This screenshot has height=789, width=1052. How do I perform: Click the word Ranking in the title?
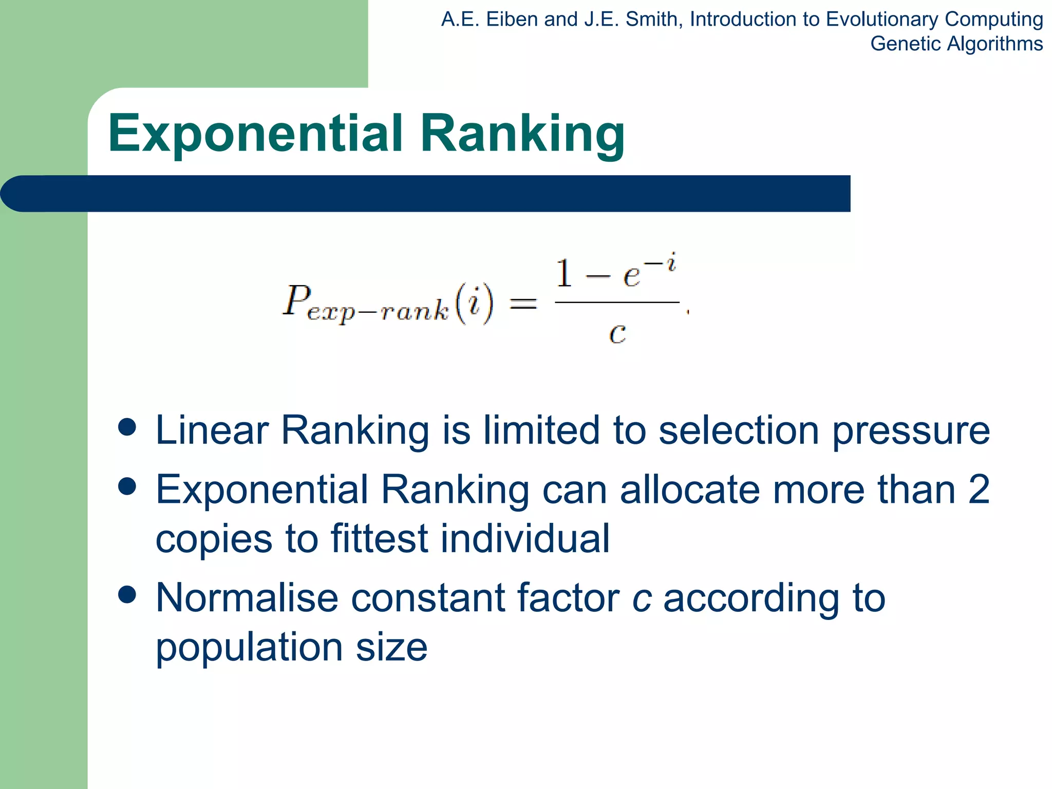[522, 135]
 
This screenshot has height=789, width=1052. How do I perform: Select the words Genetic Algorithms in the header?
[956, 44]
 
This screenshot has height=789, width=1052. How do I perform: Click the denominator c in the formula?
[617, 334]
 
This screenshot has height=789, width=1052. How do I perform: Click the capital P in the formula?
[297, 300]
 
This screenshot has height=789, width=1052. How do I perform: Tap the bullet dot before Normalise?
[127, 594]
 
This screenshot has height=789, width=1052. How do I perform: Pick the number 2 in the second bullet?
[979, 490]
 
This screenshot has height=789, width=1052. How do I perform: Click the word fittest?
[379, 539]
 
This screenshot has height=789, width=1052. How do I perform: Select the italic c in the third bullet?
[642, 598]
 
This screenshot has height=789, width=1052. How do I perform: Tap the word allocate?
[690, 490]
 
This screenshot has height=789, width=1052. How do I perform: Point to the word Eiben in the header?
[511, 20]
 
